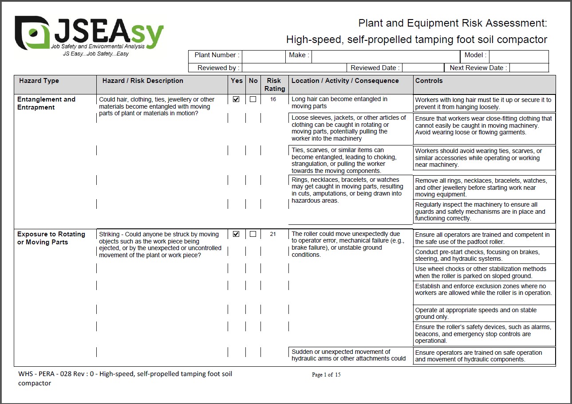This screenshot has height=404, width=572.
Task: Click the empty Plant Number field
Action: point(263,56)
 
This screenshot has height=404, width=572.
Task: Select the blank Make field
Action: point(385,56)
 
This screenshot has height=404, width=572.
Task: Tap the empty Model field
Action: point(518,56)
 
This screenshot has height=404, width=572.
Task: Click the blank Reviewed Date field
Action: point(422,68)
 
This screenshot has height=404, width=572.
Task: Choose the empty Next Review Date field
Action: point(529,68)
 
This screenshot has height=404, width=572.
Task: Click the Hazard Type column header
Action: point(39,81)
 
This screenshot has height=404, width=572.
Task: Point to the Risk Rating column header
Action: point(274,85)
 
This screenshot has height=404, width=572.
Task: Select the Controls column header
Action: point(429,81)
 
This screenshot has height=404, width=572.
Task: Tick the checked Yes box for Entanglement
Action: point(236,99)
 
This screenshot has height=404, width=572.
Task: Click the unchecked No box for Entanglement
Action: point(253,99)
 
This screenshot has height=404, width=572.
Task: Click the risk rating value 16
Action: point(273,99)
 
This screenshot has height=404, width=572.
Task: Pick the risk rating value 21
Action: point(273,234)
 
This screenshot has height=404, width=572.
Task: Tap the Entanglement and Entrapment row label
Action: point(46,103)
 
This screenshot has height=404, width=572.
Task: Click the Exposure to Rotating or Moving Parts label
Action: point(51,238)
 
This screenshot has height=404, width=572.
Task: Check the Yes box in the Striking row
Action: point(236,234)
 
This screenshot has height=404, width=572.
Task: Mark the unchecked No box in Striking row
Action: point(253,234)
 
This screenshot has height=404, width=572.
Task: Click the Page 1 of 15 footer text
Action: point(326,375)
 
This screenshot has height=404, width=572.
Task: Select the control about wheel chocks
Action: point(481,272)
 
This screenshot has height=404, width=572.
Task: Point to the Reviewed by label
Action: point(218,68)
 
